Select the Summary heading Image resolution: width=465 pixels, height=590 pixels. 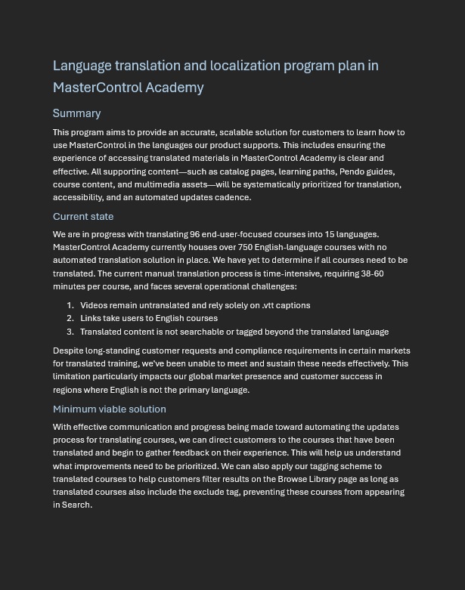[76, 113]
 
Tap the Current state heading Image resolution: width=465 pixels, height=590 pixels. [83, 216]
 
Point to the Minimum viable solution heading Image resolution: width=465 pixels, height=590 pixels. [109, 409]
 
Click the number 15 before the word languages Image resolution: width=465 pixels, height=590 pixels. [330, 234]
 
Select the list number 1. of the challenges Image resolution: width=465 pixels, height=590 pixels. [70, 305]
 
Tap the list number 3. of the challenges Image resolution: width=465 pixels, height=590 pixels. [70, 332]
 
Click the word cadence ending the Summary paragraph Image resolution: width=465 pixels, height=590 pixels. [233, 197]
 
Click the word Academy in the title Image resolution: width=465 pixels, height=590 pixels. [175, 88]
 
